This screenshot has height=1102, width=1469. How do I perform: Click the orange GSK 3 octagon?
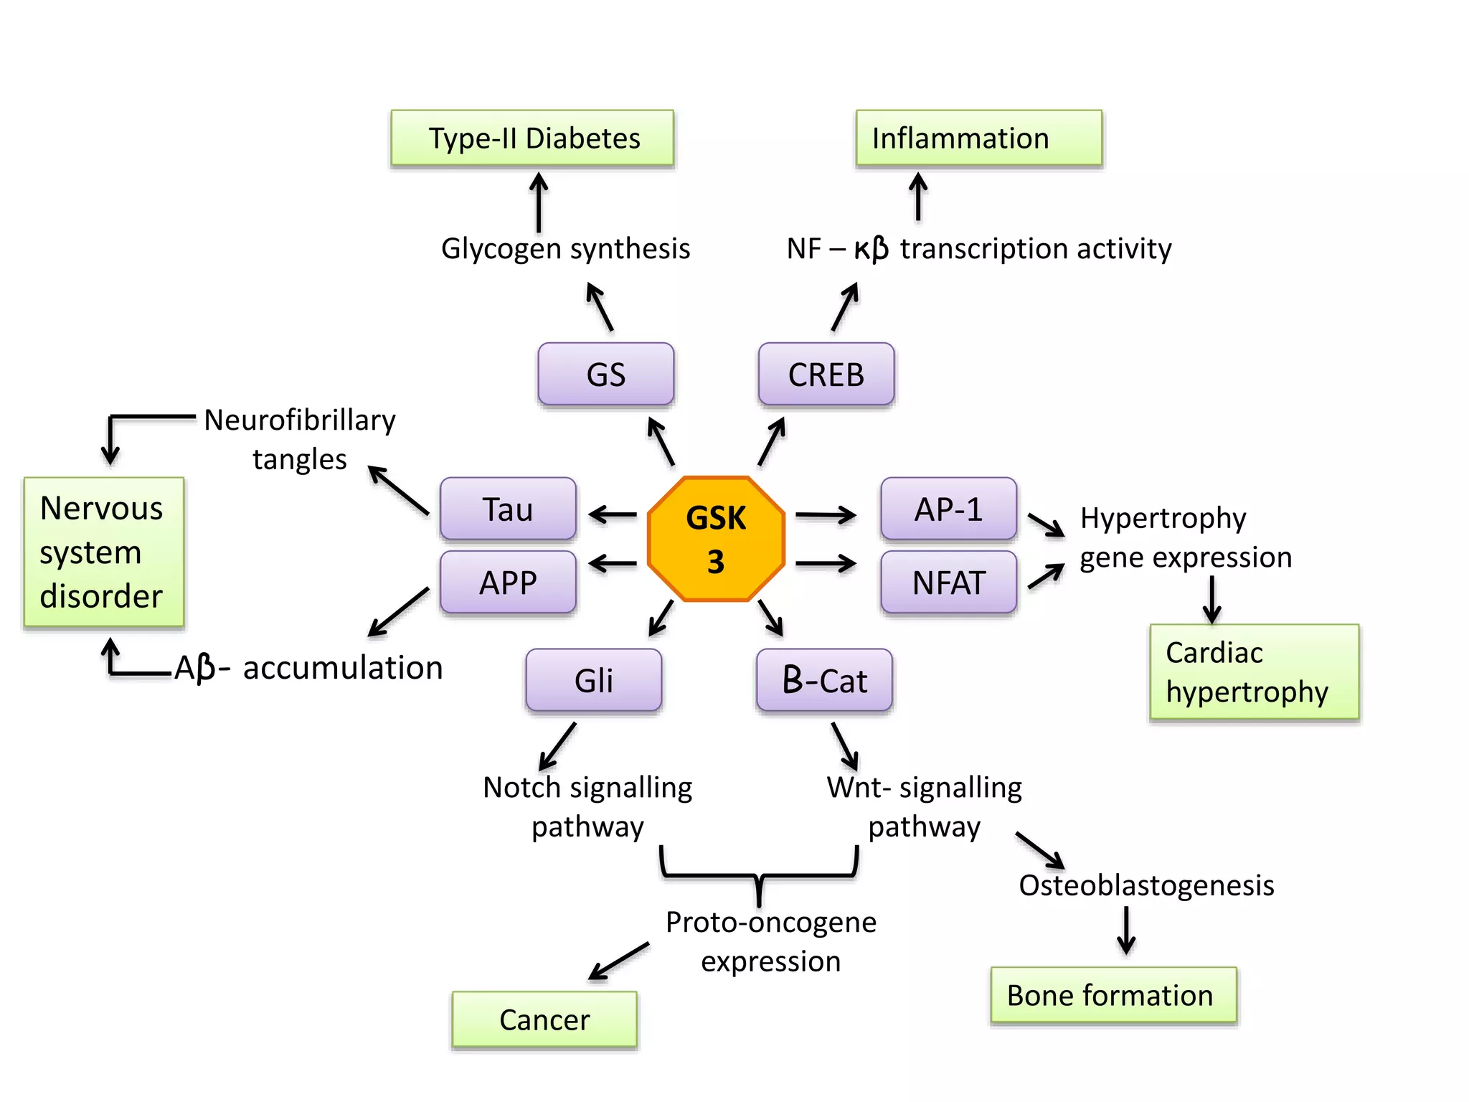(716, 539)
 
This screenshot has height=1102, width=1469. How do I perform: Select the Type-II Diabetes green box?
(532, 138)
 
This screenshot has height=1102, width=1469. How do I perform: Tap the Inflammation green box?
(978, 138)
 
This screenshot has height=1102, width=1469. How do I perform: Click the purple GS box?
(606, 374)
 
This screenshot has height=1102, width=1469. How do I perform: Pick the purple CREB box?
(826, 374)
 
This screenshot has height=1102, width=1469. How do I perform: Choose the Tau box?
(508, 509)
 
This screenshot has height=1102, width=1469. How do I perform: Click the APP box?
(508, 582)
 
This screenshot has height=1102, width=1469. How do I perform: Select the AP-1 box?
(948, 509)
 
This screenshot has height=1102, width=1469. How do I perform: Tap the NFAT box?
(948, 582)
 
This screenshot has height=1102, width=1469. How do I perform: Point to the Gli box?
(594, 680)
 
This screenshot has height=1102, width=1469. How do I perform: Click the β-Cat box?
(825, 680)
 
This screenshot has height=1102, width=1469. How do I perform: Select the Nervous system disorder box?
(104, 552)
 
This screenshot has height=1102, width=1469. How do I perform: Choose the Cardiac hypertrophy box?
(1254, 672)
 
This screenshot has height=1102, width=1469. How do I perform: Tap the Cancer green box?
(544, 1019)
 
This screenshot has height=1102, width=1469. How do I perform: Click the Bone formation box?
(1113, 995)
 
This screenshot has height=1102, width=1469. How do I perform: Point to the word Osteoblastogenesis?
(1146, 885)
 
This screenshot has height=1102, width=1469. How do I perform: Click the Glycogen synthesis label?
(565, 249)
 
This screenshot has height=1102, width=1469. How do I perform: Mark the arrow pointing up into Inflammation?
(918, 196)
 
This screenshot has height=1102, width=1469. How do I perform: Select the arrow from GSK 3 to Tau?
(613, 514)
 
